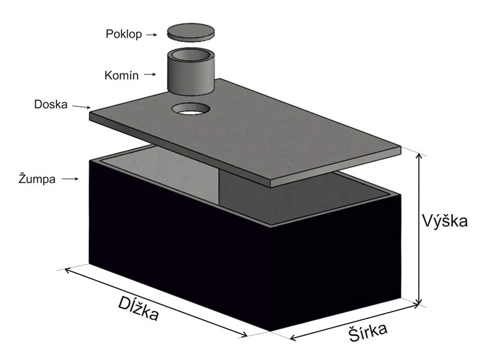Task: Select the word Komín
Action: tap(122, 76)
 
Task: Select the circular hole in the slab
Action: tap(191, 109)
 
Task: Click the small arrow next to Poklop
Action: tap(154, 35)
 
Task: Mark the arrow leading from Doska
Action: tap(81, 107)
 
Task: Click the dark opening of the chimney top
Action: tap(191, 55)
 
